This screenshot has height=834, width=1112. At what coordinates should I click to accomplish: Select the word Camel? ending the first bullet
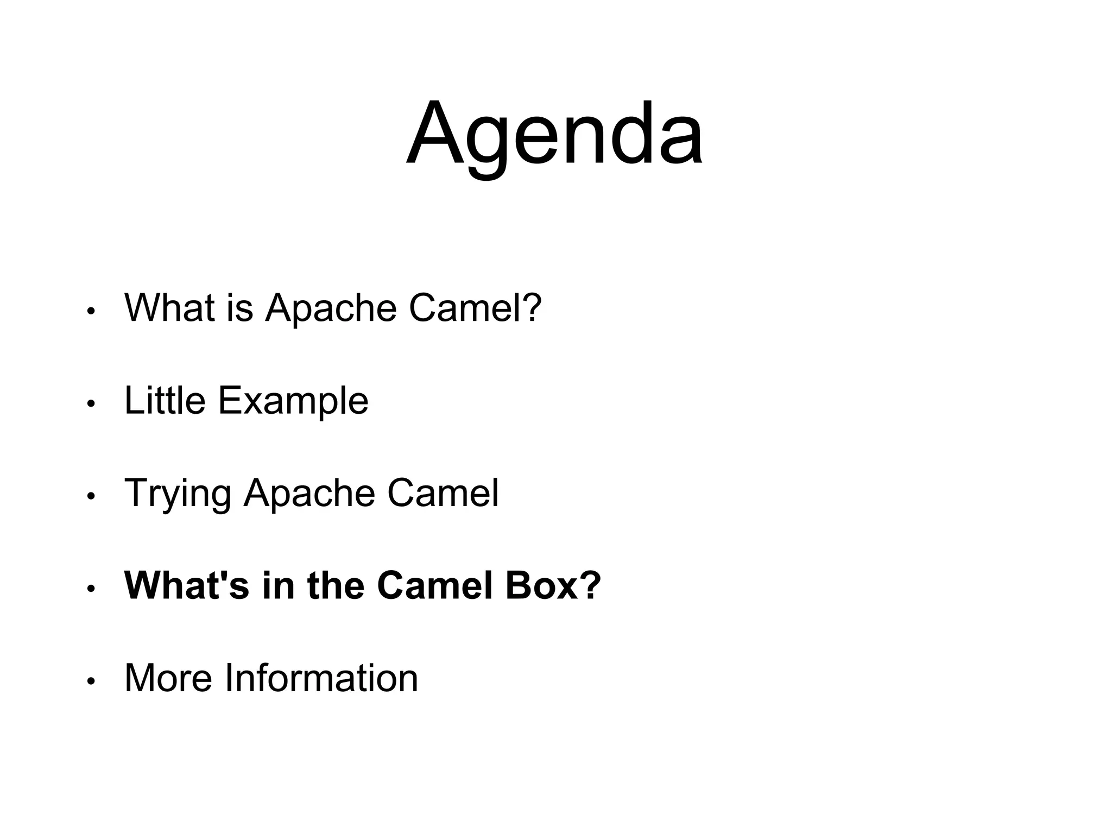475,308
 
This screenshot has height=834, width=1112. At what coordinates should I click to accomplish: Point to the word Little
165,401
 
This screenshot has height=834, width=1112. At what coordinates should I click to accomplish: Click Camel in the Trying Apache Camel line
443,493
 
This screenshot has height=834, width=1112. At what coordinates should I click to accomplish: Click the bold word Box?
553,585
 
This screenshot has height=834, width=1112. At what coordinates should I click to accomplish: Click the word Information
321,678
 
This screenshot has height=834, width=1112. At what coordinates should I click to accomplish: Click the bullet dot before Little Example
91,404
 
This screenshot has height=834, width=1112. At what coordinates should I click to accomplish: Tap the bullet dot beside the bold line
91,589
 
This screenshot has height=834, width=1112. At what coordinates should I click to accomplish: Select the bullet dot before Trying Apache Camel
91,496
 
